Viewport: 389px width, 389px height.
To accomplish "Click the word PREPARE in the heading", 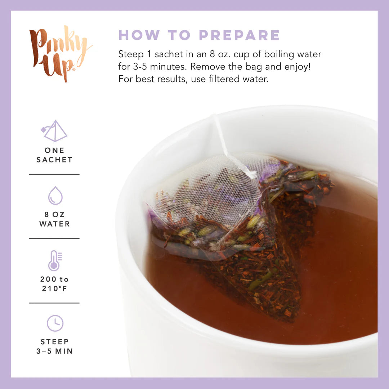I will (240, 35).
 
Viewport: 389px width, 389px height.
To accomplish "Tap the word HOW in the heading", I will (139, 35).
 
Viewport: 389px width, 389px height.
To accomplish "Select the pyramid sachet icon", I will (54, 131).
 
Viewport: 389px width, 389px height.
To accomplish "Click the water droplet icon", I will (55, 196).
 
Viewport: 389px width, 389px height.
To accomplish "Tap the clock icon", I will (55, 323).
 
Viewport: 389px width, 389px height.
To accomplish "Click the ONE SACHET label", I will (54, 155).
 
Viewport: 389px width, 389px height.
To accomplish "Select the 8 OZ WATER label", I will (54, 219).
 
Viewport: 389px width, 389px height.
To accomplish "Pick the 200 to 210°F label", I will (54, 284).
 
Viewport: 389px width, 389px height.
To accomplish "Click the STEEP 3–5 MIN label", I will (54, 346).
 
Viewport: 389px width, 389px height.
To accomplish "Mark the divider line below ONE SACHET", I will (54, 174).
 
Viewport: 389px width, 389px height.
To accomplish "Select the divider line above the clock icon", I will (54, 303).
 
